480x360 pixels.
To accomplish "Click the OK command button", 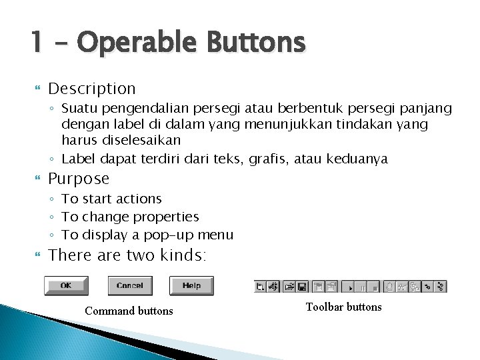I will click(x=66, y=286).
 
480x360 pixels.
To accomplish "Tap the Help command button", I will click(x=191, y=286).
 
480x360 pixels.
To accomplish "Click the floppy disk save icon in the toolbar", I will click(x=301, y=287).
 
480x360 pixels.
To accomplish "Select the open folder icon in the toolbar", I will click(x=289, y=287).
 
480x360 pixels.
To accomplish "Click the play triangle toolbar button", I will click(x=350, y=287).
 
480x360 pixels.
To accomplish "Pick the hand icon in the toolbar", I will click(x=390, y=287).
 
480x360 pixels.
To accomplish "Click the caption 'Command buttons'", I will click(x=129, y=311).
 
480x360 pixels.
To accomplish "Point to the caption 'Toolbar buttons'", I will click(x=343, y=307).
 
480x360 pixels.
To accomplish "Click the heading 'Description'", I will click(x=92, y=88).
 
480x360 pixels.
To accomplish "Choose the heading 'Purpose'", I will click(x=79, y=179).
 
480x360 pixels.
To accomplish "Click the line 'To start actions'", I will click(x=111, y=199).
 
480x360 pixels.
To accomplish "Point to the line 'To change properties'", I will click(x=130, y=217).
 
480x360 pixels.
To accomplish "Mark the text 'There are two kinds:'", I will click(x=128, y=255).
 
